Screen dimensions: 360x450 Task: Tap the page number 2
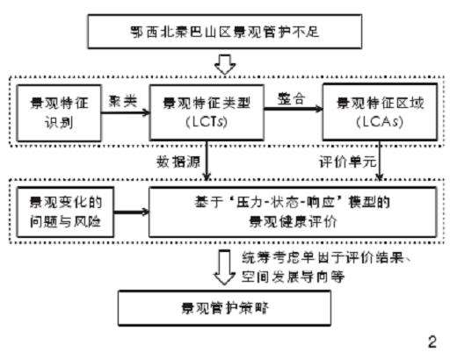pos(431,340)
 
